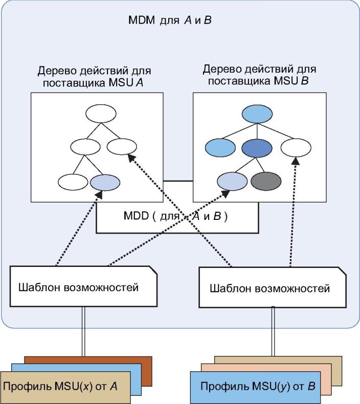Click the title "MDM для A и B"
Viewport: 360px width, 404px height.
pyautogui.click(x=170, y=20)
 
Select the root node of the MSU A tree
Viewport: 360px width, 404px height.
pyautogui.click(x=101, y=114)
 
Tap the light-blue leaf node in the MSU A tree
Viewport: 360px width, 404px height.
pyautogui.click(x=105, y=183)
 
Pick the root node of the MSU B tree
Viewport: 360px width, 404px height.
pyautogui.click(x=257, y=114)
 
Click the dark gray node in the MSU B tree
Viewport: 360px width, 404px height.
pyautogui.click(x=266, y=181)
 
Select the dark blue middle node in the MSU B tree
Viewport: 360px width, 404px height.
pyautogui.click(x=257, y=148)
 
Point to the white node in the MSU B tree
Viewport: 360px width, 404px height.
pyautogui.click(x=296, y=148)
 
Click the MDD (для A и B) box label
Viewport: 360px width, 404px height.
pyautogui.click(x=175, y=216)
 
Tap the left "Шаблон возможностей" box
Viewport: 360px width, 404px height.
pyautogui.click(x=83, y=286)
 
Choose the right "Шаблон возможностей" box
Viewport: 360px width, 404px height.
pyautogui.click(x=273, y=287)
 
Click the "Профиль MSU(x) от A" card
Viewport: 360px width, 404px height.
pyautogui.click(x=65, y=387)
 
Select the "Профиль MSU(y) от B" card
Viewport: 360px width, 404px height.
pyautogui.click(x=255, y=387)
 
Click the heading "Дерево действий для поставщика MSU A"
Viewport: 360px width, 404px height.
pyautogui.click(x=94, y=77)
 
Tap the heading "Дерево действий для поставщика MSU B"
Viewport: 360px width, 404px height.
pyautogui.click(x=259, y=75)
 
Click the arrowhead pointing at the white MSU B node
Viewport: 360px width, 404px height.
pyautogui.click(x=296, y=161)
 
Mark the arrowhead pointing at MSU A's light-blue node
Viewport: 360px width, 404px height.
pyautogui.click(x=99, y=194)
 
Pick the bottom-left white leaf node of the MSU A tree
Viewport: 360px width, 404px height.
pyautogui.click(x=73, y=182)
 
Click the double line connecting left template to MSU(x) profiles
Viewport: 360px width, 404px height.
pyautogui.click(x=83, y=331)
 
